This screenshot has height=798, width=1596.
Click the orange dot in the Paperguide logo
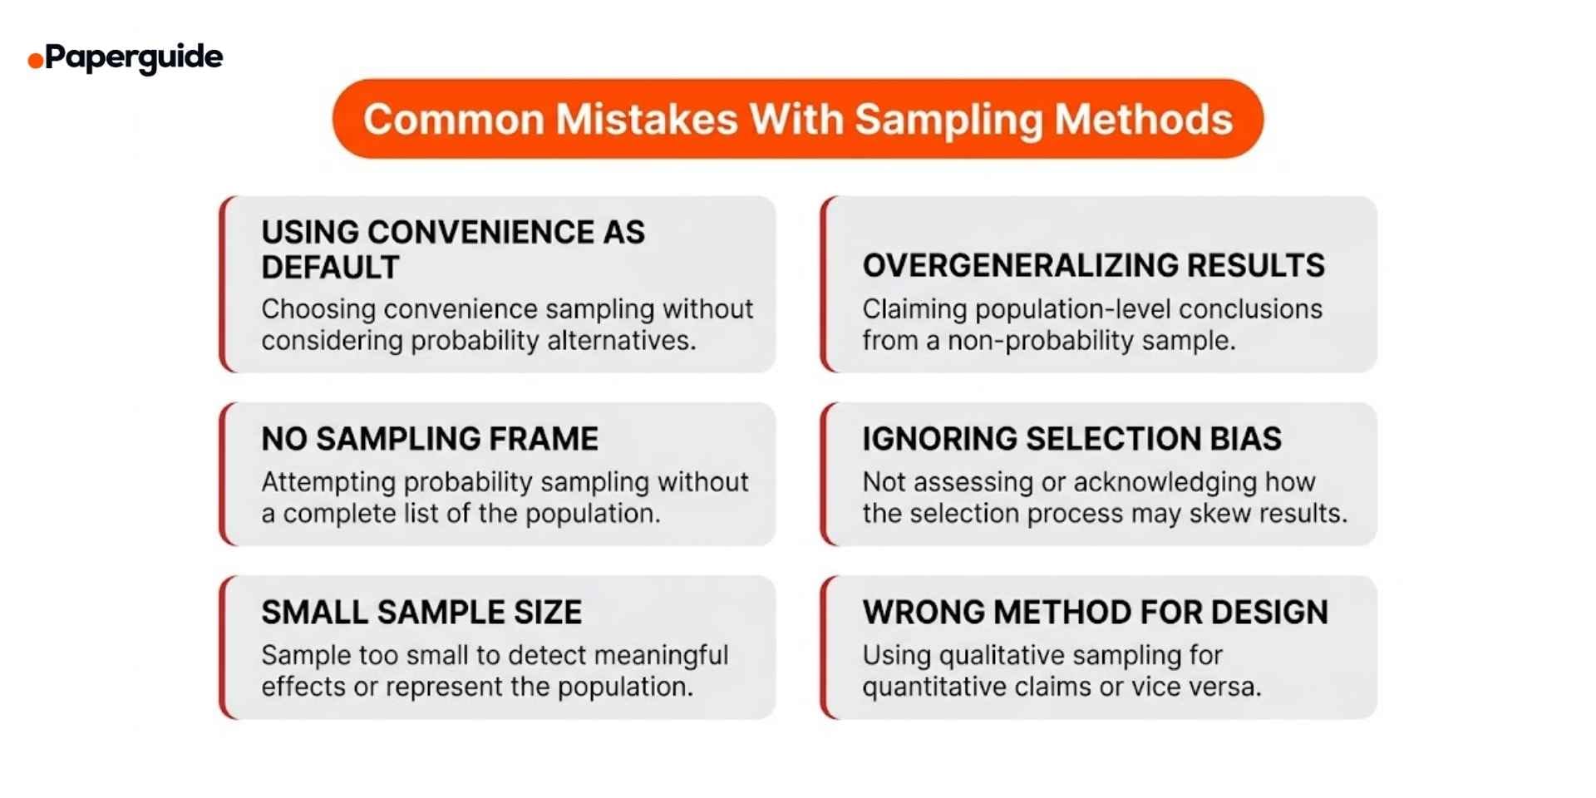(x=36, y=61)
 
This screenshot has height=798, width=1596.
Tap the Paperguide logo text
(x=134, y=57)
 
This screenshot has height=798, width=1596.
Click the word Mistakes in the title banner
(x=646, y=119)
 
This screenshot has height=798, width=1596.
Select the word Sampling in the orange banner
(x=948, y=121)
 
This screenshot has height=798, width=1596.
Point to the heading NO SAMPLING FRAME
(x=430, y=439)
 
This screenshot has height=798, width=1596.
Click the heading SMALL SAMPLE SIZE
(x=421, y=613)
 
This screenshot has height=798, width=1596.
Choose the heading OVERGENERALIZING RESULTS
(x=1093, y=265)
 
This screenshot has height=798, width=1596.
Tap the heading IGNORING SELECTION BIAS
(x=1071, y=439)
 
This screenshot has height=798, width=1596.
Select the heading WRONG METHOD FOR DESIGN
(x=1095, y=613)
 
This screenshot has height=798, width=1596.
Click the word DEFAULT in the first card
(x=330, y=268)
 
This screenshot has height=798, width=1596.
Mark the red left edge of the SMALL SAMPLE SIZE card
(x=223, y=648)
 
